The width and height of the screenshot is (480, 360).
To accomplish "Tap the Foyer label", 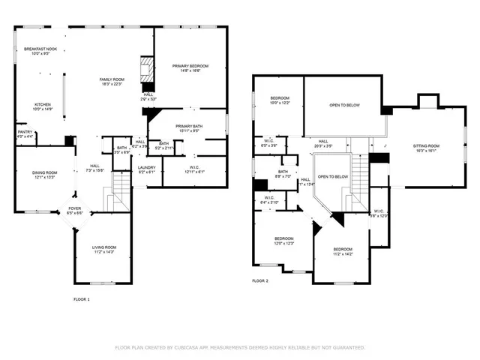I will [76, 211].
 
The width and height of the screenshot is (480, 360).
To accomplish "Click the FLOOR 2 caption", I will [259, 280].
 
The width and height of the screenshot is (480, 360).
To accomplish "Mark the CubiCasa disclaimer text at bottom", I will [239, 347].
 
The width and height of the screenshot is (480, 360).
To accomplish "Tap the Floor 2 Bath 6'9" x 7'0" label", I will [283, 174].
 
